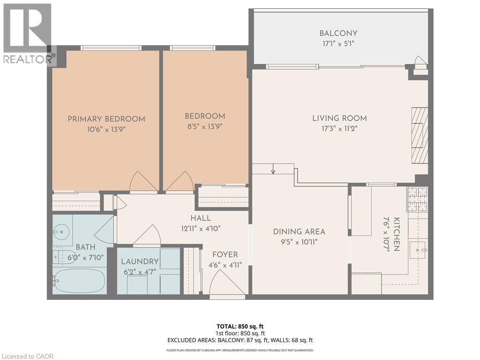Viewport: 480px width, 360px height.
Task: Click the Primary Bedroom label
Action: [x=106, y=119]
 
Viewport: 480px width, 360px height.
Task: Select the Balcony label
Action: [x=338, y=33]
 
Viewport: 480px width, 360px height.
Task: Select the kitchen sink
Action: [x=418, y=250]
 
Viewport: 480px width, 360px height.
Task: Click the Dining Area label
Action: [x=299, y=232]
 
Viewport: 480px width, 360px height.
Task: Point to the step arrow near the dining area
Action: [x=273, y=169]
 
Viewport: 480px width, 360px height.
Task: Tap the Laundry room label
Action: [x=140, y=262]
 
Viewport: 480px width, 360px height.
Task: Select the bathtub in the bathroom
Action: [x=79, y=281]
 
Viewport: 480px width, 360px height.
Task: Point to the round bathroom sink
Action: [x=60, y=231]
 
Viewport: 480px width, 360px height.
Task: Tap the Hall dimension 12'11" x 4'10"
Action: [x=201, y=229]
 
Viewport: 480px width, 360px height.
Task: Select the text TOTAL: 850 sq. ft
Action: [x=240, y=326]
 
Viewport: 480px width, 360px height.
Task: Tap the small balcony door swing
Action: [x=420, y=61]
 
